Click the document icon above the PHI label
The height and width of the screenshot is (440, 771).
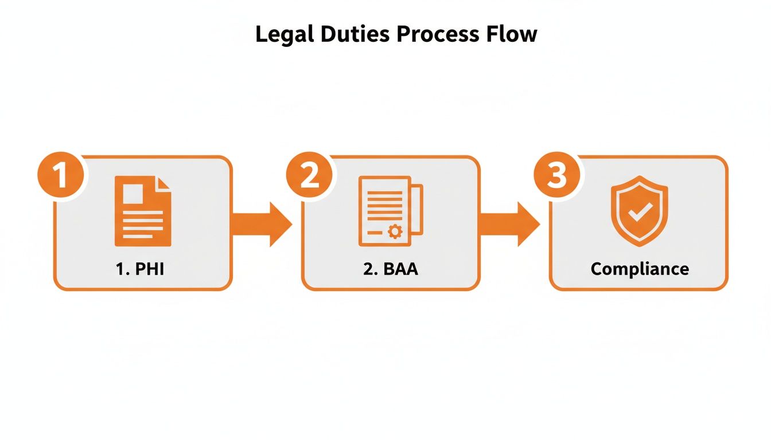(143, 211)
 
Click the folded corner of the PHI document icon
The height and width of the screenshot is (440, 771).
(164, 183)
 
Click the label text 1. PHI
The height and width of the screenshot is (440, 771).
(140, 269)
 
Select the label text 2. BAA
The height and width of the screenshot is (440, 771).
(391, 269)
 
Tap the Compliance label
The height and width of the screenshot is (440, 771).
(640, 269)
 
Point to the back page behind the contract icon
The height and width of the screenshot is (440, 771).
(418, 209)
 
